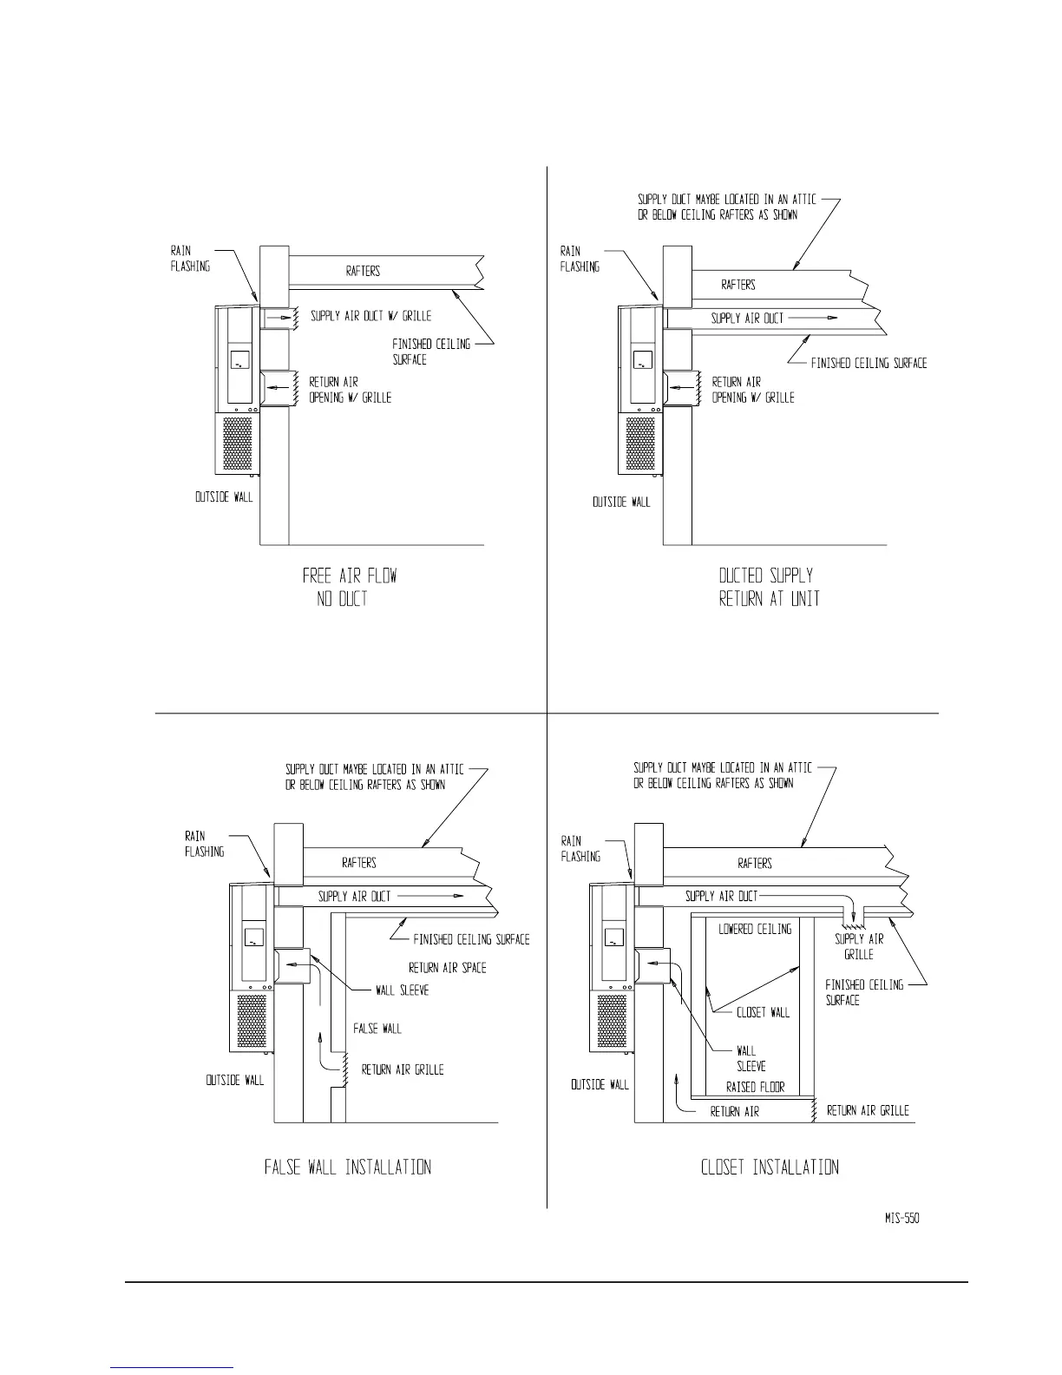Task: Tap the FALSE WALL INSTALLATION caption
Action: pyautogui.click(x=347, y=1168)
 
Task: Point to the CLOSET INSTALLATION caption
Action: pyautogui.click(x=770, y=1168)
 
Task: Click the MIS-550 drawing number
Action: pyautogui.click(x=895, y=1219)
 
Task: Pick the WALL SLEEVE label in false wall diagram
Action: pyautogui.click(x=402, y=990)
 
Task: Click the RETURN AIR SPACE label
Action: pyautogui.click(x=447, y=968)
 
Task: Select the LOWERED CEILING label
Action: pyautogui.click(x=755, y=930)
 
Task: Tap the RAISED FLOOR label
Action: pyautogui.click(x=755, y=1088)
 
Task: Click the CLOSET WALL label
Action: pyautogui.click(x=764, y=1013)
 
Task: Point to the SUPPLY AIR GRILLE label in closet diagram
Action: pyautogui.click(x=859, y=947)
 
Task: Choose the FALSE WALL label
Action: pyautogui.click(x=377, y=1029)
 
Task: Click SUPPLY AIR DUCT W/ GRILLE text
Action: pyautogui.click(x=370, y=317)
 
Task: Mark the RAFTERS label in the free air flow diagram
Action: pyautogui.click(x=363, y=272)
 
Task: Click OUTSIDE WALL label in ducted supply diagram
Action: pyautogui.click(x=621, y=503)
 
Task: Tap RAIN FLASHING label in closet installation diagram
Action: pyautogui.click(x=580, y=849)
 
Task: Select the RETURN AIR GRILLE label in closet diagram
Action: pyautogui.click(x=868, y=1111)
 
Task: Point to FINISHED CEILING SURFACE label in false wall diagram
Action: pyautogui.click(x=471, y=939)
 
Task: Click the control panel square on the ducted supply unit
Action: pyautogui.click(x=642, y=360)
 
